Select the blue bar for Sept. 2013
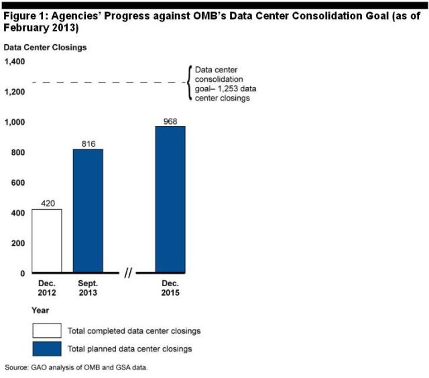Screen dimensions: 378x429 point(88,211)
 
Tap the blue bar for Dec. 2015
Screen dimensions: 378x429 point(170,200)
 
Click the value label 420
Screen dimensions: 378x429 point(47,203)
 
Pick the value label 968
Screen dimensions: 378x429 point(170,121)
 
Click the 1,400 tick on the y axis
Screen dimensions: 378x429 point(14,62)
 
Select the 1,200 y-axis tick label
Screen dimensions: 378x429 point(14,92)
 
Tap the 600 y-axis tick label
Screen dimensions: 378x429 point(17,182)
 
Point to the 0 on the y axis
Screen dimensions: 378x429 point(22,273)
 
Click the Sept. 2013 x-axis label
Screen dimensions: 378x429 point(88,288)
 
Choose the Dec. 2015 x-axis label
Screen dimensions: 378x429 point(170,288)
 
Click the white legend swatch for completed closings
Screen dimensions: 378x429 point(47,330)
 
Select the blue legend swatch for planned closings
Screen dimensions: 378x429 point(47,348)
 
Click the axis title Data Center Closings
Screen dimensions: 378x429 point(45,47)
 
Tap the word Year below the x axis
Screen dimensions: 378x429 point(40,310)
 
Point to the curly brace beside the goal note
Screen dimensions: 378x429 point(188,82)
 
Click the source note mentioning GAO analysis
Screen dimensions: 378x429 point(76,368)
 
